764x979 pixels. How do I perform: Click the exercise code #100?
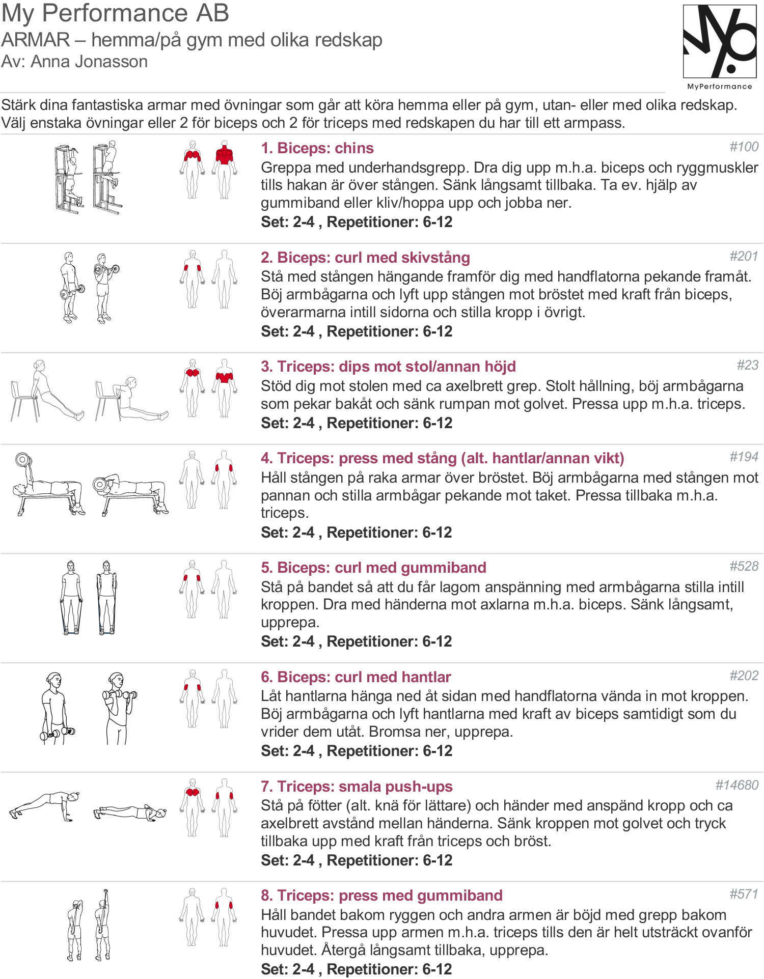(x=744, y=147)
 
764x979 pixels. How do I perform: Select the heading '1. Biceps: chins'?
(x=317, y=148)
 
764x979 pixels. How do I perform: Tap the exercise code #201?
(x=744, y=256)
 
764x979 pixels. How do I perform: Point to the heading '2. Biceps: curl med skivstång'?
(x=365, y=258)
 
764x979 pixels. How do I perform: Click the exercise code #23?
(x=748, y=365)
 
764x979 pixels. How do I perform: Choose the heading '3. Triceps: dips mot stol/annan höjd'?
(x=388, y=367)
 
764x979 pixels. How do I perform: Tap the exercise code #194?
(x=744, y=457)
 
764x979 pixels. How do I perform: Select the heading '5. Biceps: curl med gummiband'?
(x=373, y=568)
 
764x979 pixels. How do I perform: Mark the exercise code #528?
(x=744, y=566)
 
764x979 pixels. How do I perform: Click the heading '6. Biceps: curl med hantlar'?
(x=356, y=677)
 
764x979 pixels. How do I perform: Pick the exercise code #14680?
(x=737, y=785)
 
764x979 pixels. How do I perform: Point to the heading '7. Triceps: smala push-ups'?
(x=357, y=787)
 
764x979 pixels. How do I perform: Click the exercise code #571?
(x=744, y=894)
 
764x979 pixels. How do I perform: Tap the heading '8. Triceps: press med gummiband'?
(x=381, y=896)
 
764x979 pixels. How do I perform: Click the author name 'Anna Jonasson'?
(x=89, y=62)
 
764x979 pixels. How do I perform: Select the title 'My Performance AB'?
(x=115, y=14)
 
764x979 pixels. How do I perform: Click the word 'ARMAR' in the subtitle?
(x=36, y=40)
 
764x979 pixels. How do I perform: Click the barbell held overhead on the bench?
(x=23, y=460)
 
